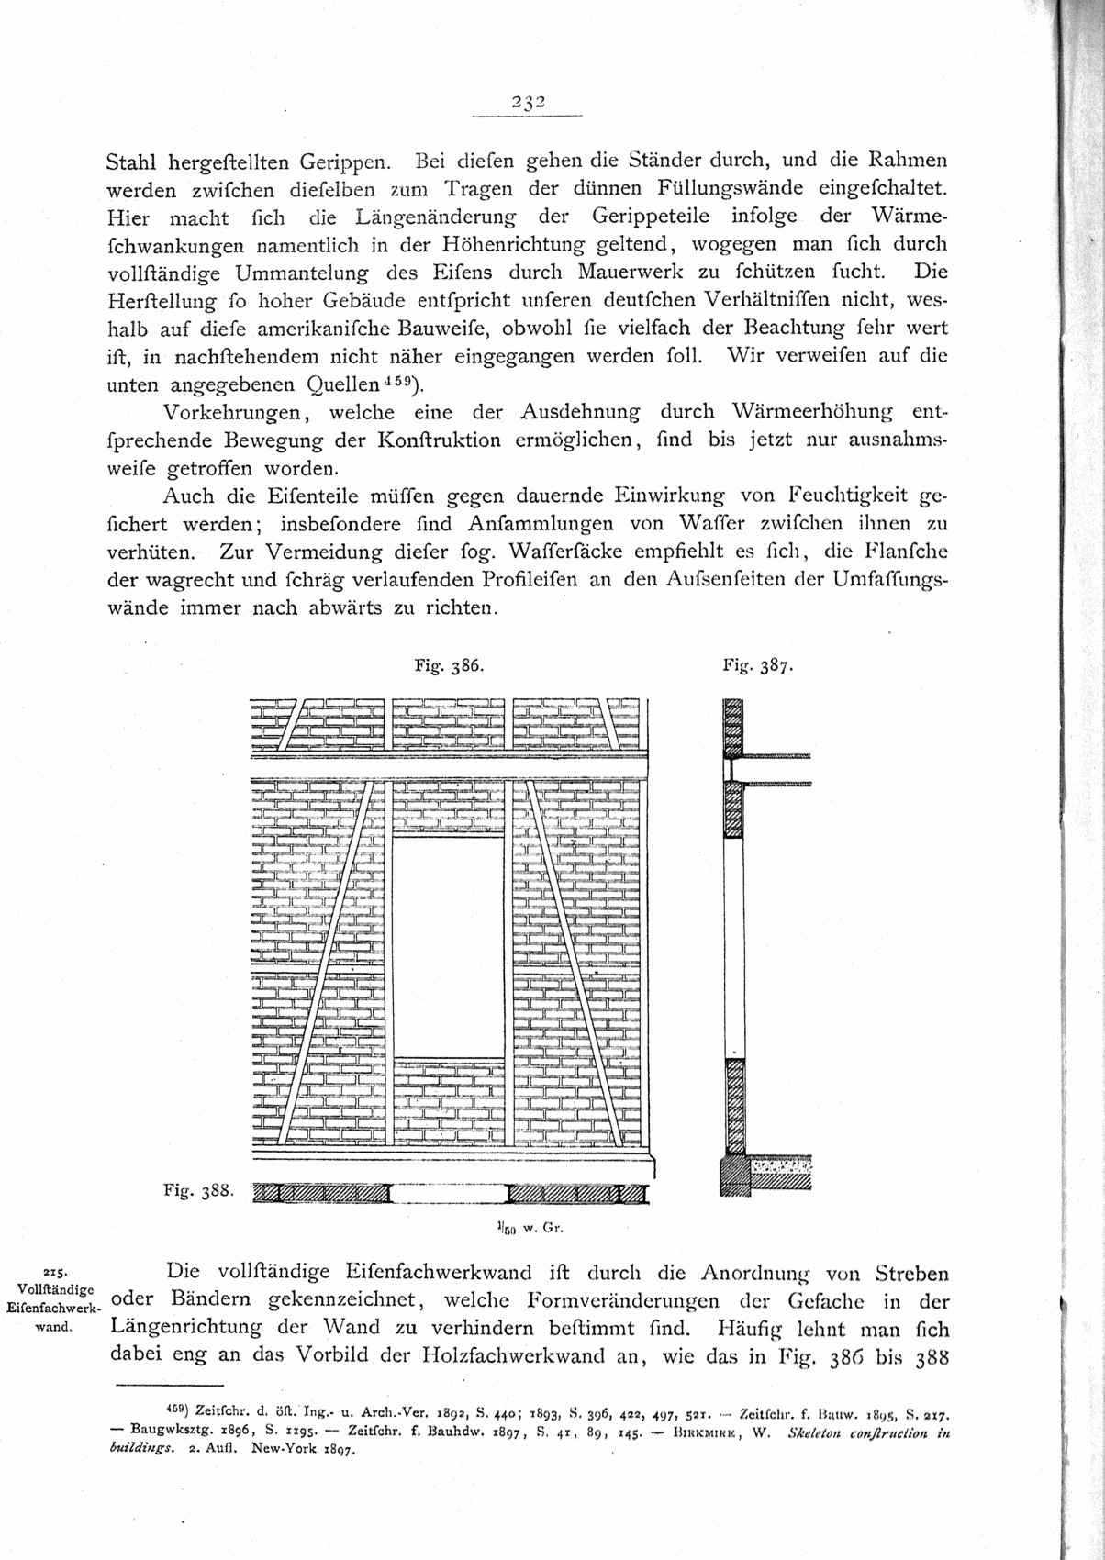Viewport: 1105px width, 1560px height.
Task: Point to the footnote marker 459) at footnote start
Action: pos(174,1406)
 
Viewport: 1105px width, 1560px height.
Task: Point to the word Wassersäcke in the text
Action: pos(562,552)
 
